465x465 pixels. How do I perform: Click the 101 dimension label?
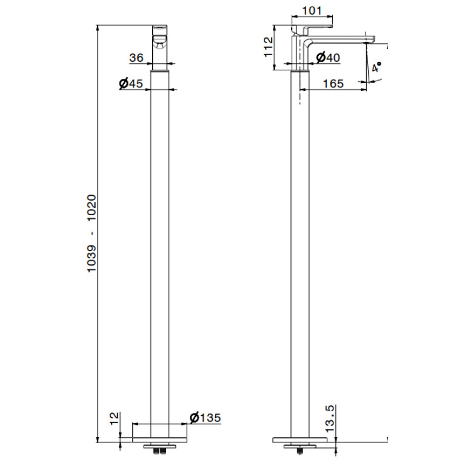(312, 11)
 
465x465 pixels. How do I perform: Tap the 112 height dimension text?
(268, 47)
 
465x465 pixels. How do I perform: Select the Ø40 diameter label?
(328, 57)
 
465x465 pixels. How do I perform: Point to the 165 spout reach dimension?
(333, 84)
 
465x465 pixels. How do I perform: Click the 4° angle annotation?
(376, 67)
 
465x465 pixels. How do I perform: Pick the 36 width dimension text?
(136, 58)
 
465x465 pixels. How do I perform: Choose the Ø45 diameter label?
(131, 83)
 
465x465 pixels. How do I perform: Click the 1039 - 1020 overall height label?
(92, 233)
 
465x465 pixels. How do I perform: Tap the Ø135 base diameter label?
(205, 418)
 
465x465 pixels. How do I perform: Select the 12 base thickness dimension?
(114, 418)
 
